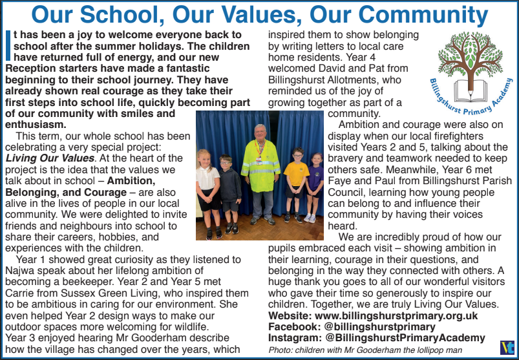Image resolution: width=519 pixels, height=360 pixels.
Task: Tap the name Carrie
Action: [21, 294]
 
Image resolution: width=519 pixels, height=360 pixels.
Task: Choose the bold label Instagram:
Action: [293, 338]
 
